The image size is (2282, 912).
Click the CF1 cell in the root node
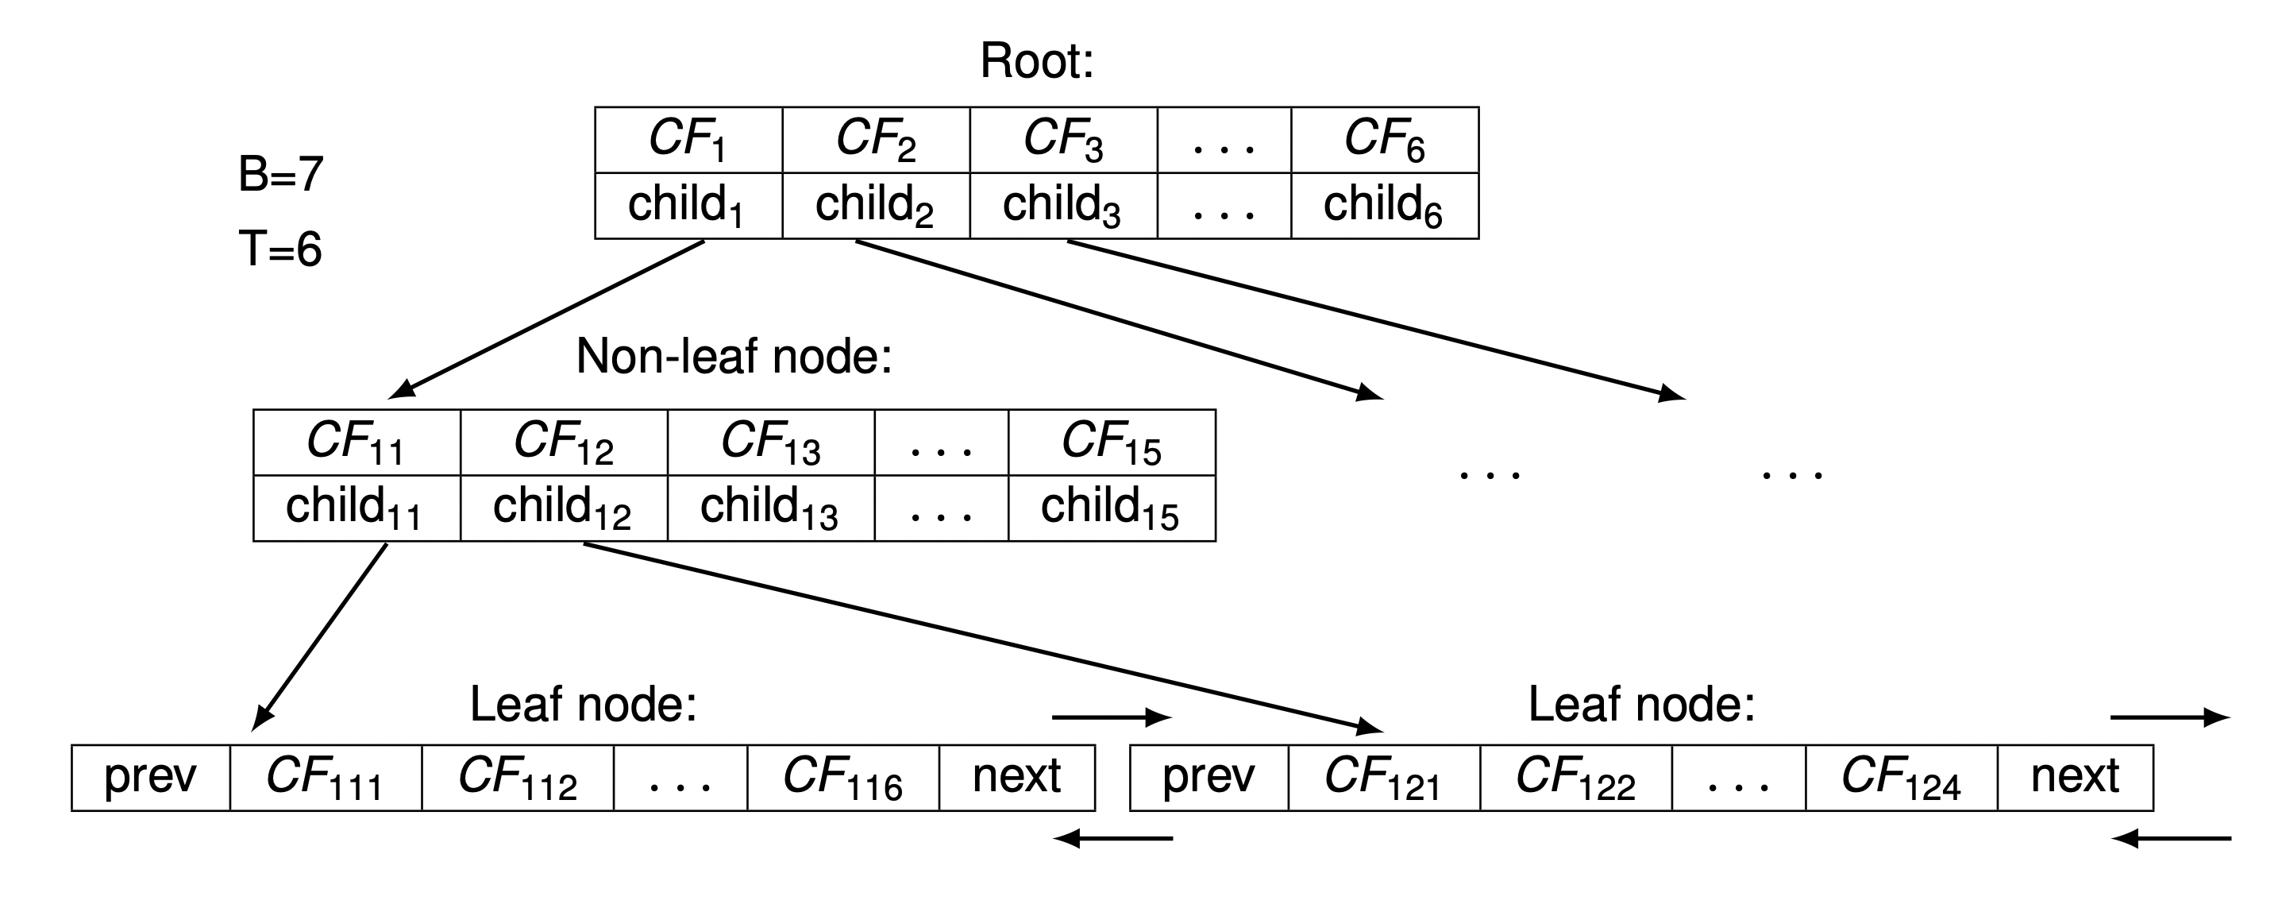tap(688, 140)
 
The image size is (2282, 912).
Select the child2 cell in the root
tap(876, 206)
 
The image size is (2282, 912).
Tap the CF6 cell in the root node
tap(1385, 140)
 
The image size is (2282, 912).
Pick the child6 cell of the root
tap(1385, 206)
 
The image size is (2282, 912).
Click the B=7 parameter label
tap(281, 174)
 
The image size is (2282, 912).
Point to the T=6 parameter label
tap(280, 248)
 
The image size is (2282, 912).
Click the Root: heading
tap(1036, 61)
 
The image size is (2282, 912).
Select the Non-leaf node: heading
tap(734, 356)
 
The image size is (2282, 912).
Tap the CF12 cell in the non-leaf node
tap(564, 442)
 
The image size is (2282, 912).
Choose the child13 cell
tap(771, 508)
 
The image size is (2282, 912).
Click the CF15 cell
tap(1112, 442)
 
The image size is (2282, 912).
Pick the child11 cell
tap(357, 508)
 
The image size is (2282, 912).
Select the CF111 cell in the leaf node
tap(325, 777)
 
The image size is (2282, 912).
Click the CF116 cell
tap(842, 777)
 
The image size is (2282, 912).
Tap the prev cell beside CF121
tap(1208, 777)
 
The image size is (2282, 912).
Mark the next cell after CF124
tap(2075, 777)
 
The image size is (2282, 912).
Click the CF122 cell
tap(1576, 777)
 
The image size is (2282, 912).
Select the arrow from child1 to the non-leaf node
tap(546, 319)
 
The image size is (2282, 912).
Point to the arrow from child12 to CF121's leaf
tap(983, 638)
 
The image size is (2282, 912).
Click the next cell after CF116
tap(1017, 777)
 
